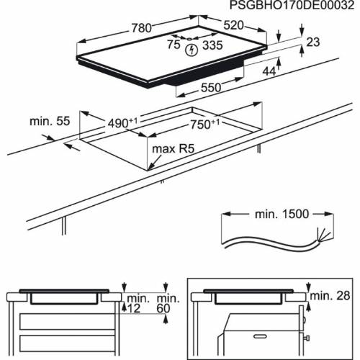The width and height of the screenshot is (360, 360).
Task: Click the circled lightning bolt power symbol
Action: coord(192,50)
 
